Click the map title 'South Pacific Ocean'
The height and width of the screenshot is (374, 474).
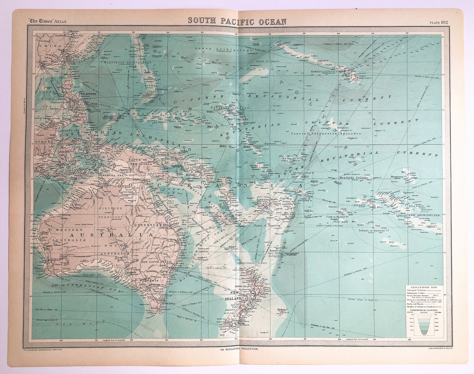coord(237,21)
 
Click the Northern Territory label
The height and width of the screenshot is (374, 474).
coord(111,213)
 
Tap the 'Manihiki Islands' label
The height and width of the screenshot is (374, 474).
coord(353,178)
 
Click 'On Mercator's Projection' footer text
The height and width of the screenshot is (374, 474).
coord(239,349)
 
